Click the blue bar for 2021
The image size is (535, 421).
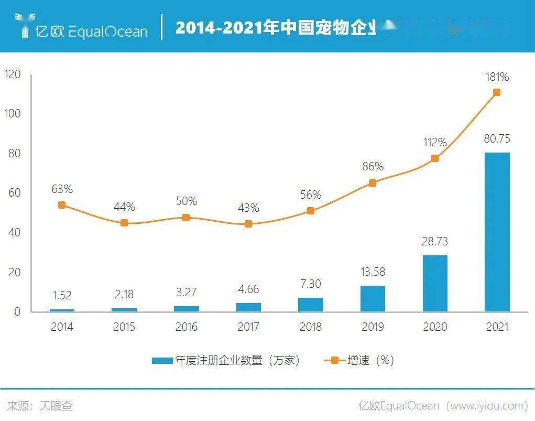(497, 232)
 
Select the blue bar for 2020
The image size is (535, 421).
(435, 283)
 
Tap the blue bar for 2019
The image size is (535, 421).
(373, 298)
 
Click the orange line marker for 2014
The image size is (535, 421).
(62, 205)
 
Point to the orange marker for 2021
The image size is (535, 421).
(497, 92)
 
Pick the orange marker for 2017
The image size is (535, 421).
(248, 224)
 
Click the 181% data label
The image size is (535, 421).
(497, 77)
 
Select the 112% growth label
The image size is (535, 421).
(435, 143)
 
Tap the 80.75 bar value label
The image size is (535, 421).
(497, 139)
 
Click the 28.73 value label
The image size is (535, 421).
(435, 242)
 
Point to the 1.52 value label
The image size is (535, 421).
(62, 296)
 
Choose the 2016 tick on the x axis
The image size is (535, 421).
(186, 327)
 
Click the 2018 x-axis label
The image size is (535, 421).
(311, 327)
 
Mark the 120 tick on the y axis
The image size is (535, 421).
(12, 74)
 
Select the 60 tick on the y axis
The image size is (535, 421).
(14, 193)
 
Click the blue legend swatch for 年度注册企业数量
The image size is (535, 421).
(162, 361)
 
